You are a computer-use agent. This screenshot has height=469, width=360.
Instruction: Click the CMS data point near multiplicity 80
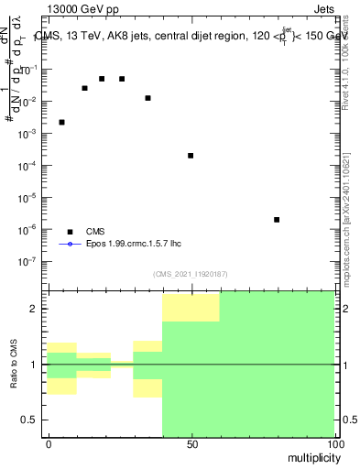pos(277,220)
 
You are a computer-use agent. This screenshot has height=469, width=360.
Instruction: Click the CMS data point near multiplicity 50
pos(191,156)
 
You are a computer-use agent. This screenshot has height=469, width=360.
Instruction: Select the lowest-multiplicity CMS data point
pos(61,122)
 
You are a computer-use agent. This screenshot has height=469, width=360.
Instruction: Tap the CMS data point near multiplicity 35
pos(147,98)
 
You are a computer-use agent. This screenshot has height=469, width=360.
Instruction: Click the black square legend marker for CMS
pos(70,232)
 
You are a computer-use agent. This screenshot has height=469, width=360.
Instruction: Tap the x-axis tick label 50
pos(191,443)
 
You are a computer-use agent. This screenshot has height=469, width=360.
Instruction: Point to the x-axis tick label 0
pos(48,443)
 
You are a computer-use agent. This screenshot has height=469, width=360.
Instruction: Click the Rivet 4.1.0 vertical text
pos(347,64)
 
